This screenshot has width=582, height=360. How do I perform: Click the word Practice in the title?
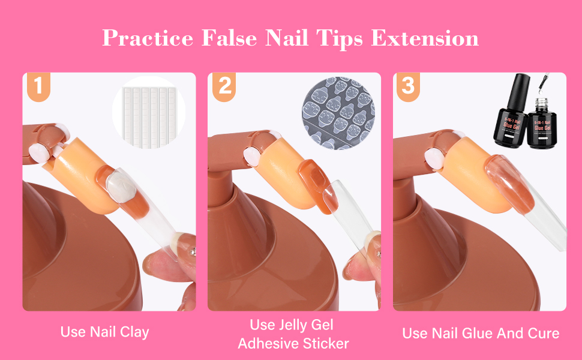148,38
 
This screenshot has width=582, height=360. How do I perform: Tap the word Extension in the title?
425,38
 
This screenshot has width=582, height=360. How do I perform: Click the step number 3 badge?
408,86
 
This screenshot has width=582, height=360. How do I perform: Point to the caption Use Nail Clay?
105,331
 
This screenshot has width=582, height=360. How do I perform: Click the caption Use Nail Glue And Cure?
481,333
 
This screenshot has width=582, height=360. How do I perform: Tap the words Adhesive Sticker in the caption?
293,343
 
